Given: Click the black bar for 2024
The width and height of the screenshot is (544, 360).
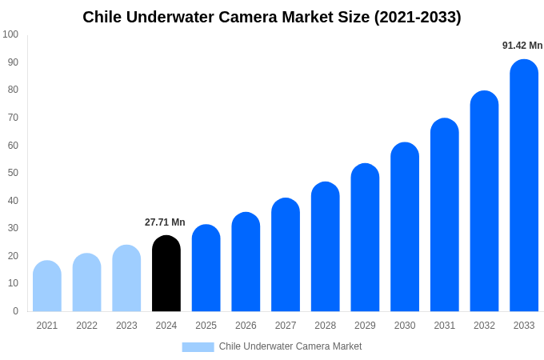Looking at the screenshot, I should (x=166, y=274).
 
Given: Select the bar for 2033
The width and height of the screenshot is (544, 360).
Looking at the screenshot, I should (x=524, y=186).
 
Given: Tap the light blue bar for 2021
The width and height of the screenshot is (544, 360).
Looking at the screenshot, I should (x=47, y=286).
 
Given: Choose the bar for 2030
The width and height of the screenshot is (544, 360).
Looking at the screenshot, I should (x=405, y=227).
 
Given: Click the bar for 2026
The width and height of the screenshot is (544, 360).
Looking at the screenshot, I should (x=246, y=262).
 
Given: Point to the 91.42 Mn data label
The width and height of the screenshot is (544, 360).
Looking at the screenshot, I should (x=522, y=46).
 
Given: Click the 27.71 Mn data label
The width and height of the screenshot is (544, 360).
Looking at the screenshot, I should (x=165, y=222).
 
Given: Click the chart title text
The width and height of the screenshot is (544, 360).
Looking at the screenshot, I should (x=272, y=17).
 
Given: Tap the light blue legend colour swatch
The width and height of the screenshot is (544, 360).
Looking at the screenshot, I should (x=198, y=347).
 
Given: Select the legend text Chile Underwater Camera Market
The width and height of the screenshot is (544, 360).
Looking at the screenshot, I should (x=290, y=346).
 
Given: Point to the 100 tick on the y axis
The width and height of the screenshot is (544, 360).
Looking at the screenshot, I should (x=10, y=34).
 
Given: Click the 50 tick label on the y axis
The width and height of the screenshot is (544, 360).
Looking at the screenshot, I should (x=13, y=173).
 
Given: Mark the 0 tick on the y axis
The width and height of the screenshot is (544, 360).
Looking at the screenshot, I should (x=15, y=311).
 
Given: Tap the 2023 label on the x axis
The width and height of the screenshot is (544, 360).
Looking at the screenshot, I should (x=126, y=326).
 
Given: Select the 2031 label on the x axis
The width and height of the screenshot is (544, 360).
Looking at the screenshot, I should (x=445, y=326).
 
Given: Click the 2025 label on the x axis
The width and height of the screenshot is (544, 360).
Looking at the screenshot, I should (x=206, y=326).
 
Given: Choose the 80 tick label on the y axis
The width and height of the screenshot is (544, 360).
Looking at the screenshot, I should (x=13, y=90).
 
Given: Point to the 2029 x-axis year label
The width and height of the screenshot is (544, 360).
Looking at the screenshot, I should (x=365, y=326).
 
